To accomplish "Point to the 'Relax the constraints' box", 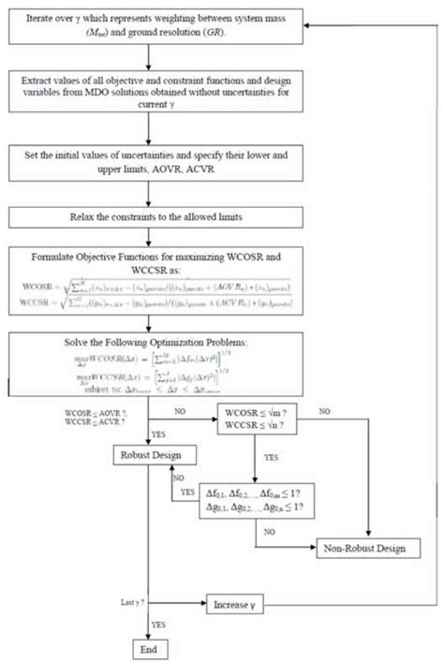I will (x=153, y=217).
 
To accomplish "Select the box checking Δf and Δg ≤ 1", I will (x=258, y=498).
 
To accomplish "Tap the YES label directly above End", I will (x=158, y=624).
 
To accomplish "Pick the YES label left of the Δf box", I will (x=187, y=490).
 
